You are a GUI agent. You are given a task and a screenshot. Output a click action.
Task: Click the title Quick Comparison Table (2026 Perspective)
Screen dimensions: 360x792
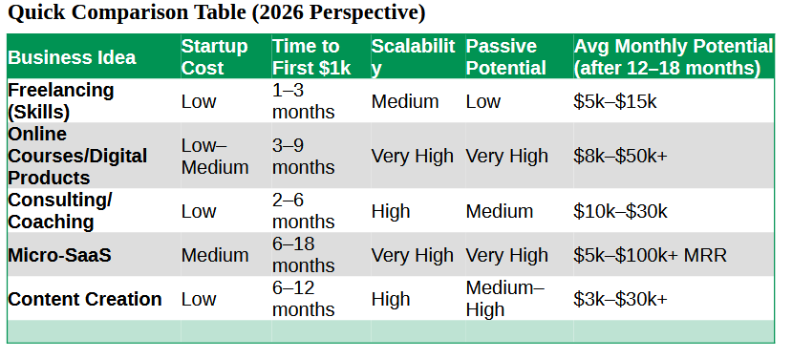tap(216, 14)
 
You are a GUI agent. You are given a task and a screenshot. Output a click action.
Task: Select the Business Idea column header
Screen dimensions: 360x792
tap(72, 57)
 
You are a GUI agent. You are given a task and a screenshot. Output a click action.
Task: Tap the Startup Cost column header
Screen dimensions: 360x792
tap(215, 57)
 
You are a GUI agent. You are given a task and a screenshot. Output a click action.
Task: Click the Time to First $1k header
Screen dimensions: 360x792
tap(306, 57)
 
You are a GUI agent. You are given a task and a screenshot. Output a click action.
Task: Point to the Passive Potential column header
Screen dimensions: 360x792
tap(506, 57)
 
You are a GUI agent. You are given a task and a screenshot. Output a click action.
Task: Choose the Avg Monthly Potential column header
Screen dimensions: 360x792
tap(673, 57)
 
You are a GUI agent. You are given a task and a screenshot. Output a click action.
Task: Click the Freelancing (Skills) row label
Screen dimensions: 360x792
tap(61, 101)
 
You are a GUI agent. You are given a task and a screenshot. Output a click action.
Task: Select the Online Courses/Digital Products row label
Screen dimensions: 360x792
tap(77, 156)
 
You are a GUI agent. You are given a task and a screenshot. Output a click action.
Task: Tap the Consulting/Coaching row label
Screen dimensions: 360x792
tap(60, 211)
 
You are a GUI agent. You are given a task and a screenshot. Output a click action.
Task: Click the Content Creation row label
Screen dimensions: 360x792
tap(85, 299)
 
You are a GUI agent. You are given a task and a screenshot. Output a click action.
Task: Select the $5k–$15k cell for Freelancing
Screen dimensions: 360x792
tap(615, 101)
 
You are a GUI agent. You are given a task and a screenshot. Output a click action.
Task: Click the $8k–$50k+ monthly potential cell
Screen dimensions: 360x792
tap(620, 156)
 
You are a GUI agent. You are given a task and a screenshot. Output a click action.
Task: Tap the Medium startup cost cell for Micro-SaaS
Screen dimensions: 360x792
tap(215, 255)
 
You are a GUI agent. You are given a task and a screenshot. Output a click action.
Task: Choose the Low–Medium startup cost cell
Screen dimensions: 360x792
tap(215, 156)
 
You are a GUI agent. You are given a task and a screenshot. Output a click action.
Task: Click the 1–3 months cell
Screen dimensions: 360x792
tap(304, 101)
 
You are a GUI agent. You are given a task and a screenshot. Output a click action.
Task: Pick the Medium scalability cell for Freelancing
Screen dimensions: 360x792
tap(405, 101)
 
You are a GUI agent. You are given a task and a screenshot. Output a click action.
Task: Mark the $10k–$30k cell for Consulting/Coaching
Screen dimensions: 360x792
tap(620, 211)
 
